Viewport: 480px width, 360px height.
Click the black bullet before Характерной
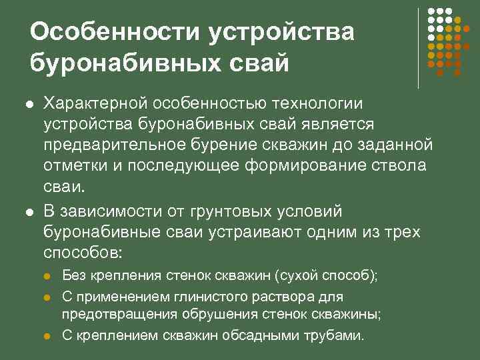(x=29, y=104)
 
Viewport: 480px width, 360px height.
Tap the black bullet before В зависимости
(x=29, y=212)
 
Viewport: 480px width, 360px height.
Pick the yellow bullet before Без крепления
(x=47, y=276)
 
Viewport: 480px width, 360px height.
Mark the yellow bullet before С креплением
(x=47, y=335)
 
